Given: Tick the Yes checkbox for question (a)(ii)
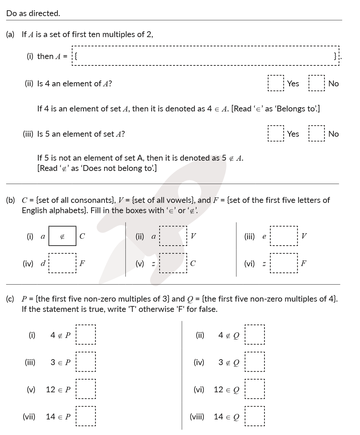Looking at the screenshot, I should pos(276,83).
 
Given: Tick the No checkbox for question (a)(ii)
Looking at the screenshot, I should pos(317,83).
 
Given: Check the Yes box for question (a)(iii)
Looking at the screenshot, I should pos(276,134).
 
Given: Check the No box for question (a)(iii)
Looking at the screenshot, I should pos(317,134).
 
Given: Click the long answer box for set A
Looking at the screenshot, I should pos(206,56).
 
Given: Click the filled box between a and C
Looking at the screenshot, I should pos(62,236).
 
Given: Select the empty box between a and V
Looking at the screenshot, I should pos(173,236).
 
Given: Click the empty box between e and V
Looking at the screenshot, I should pos(284,236).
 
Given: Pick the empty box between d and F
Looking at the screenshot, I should pos(62,263).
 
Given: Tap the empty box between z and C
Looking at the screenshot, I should pos(173,263).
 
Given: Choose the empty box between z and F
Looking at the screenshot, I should pos(284,263).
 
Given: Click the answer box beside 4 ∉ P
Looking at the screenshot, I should pos(85,335).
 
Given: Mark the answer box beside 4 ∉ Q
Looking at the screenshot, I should pos(255,335).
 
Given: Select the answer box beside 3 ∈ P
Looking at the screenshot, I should pos(85,362).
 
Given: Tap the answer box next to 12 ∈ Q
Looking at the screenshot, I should pos(255,389).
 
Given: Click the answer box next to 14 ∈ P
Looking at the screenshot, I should pos(85,417).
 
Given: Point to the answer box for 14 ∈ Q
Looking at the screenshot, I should pos(255,417).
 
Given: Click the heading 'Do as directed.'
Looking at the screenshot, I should pos(33,13).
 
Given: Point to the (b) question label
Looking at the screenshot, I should pos(10,200).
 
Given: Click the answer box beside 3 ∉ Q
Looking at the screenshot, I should pos(255,362).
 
